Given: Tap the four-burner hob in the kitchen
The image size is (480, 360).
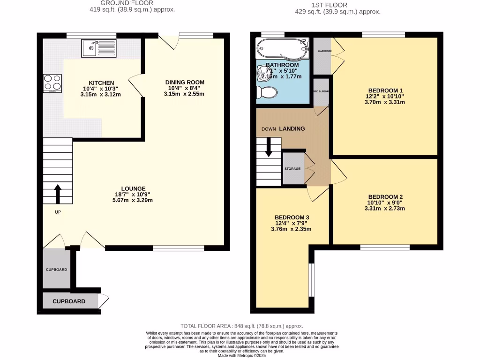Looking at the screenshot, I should click(52, 83).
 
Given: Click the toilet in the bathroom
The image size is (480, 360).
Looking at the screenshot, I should click(266, 92).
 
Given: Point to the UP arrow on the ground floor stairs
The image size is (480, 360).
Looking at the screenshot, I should click(58, 194).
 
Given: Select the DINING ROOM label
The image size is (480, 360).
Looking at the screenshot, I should click(185, 82).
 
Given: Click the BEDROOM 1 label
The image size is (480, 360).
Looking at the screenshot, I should click(385, 90).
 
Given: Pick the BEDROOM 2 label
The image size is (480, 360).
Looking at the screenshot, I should click(385, 197).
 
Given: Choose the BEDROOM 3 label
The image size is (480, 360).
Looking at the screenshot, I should click(292, 217).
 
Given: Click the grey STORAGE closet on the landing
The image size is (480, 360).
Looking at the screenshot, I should click(293, 168).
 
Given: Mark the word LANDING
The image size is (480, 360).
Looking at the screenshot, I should click(292, 128).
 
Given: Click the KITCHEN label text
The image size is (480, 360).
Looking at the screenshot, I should click(102, 83).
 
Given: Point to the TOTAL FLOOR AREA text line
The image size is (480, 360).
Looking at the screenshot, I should click(242, 326).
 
